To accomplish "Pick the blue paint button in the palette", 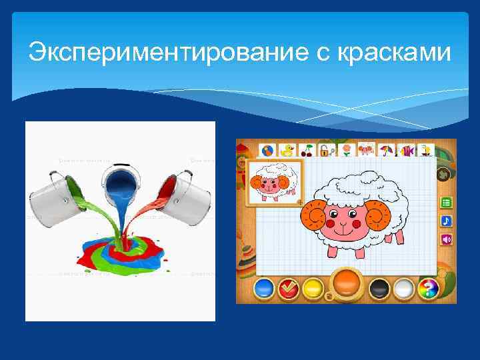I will tap(265, 289).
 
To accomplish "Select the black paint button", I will tap(379, 289).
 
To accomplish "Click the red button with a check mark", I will tap(289, 289).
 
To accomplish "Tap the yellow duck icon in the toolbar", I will tap(287, 150).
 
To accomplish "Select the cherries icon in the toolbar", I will tap(307, 150).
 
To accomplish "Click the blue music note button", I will tap(446, 221).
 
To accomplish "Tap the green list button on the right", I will tap(446, 203).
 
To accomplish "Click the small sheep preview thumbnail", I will tap(273, 182).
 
